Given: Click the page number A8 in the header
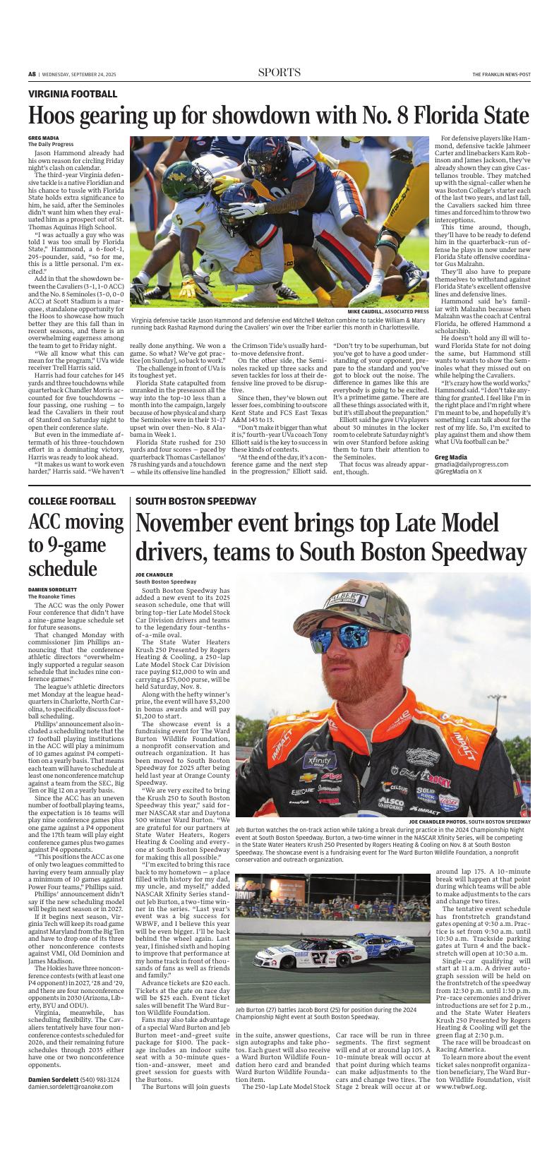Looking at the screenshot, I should click(x=32, y=74).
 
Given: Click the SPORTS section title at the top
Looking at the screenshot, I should click(x=279, y=73).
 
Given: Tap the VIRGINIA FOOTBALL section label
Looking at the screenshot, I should click(x=73, y=94).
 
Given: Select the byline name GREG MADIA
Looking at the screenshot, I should click(x=43, y=138).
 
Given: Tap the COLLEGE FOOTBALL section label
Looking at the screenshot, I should click(x=72, y=501).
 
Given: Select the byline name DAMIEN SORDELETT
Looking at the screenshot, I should click(x=53, y=589).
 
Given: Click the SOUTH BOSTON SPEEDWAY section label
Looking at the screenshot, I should click(x=196, y=501).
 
